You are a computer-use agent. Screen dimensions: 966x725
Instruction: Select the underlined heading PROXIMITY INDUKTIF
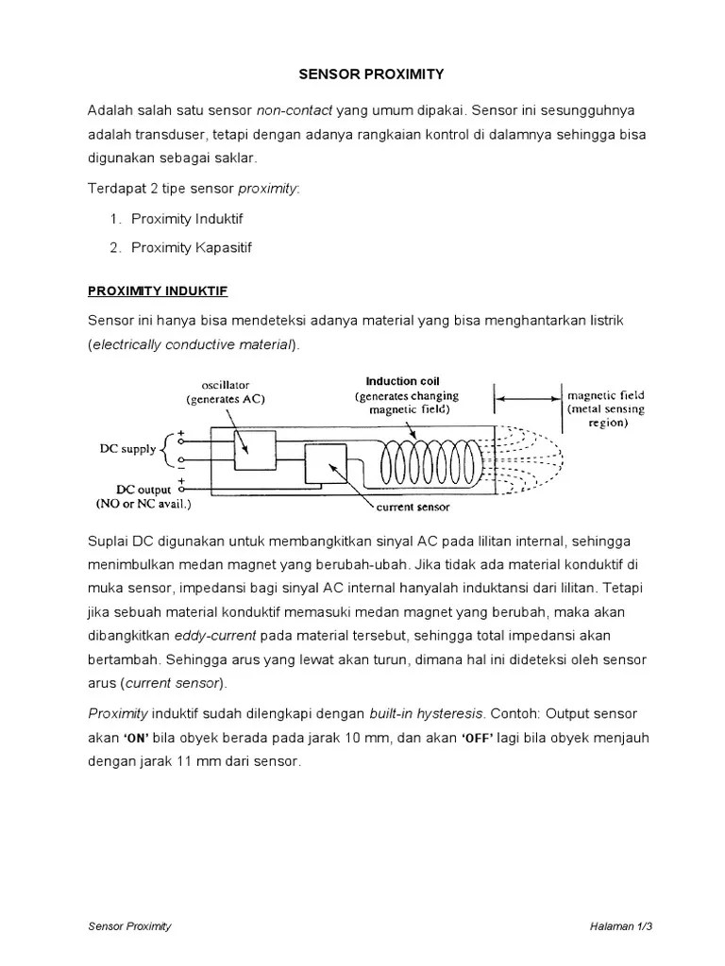click(x=158, y=290)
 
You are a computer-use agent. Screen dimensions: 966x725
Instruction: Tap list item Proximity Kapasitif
click(x=192, y=248)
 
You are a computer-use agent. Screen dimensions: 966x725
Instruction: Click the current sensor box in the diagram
click(x=327, y=469)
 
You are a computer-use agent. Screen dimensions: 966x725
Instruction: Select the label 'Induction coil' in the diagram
click(x=402, y=381)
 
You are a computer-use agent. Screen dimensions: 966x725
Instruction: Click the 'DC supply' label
click(x=128, y=449)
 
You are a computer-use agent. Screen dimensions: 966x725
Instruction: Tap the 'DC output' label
click(x=143, y=490)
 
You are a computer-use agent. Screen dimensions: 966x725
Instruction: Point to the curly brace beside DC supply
click(x=166, y=449)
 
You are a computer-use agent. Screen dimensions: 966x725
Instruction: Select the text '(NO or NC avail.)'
click(x=143, y=504)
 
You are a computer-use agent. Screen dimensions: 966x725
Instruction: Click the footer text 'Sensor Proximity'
click(x=129, y=926)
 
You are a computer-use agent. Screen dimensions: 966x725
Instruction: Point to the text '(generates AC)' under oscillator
click(x=224, y=399)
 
